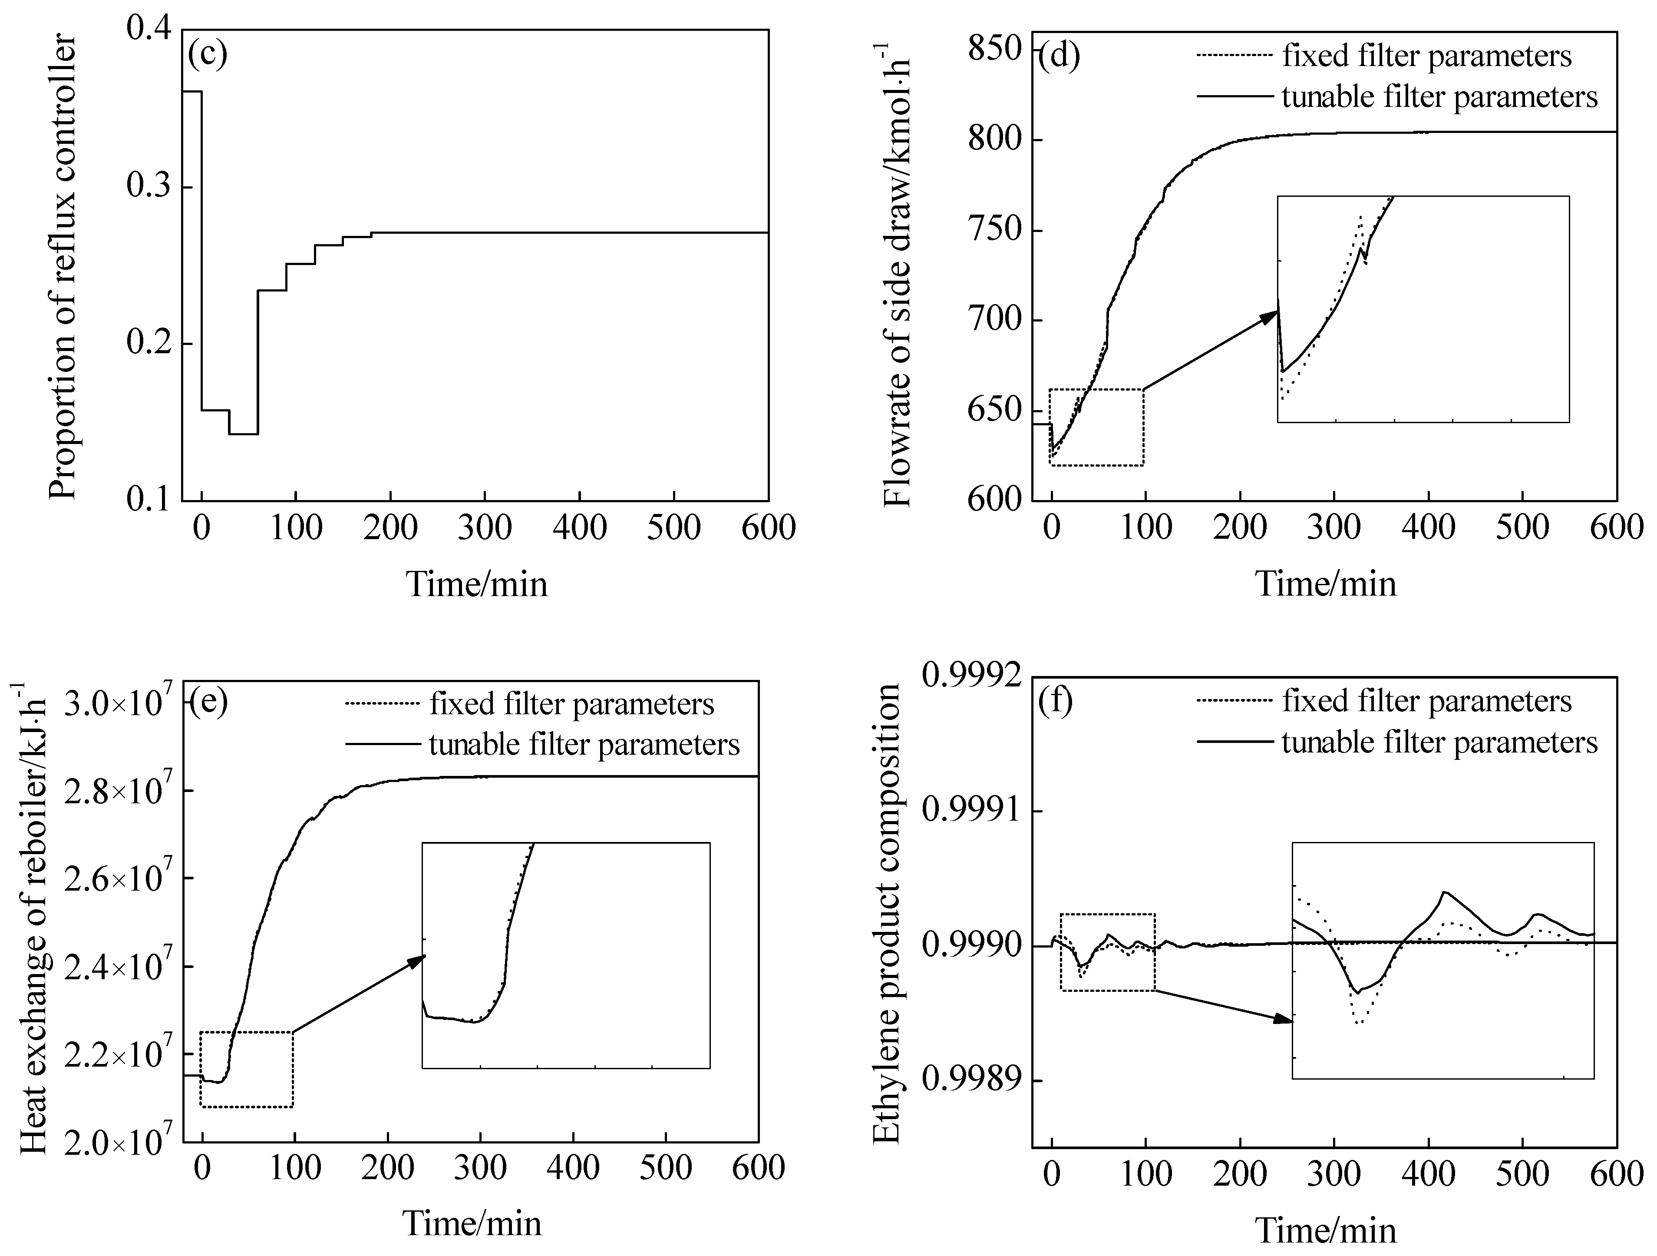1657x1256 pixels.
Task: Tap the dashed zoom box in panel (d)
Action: tap(1096, 427)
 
